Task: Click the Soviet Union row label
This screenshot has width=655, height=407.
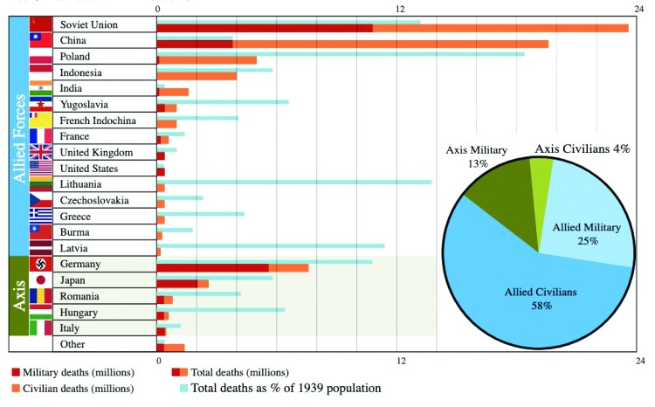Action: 88,24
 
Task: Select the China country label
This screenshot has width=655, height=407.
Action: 72,40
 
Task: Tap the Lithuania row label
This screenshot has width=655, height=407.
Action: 81,184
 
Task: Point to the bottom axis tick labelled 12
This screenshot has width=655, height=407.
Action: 400,360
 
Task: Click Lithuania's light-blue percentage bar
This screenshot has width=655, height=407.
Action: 297,182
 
